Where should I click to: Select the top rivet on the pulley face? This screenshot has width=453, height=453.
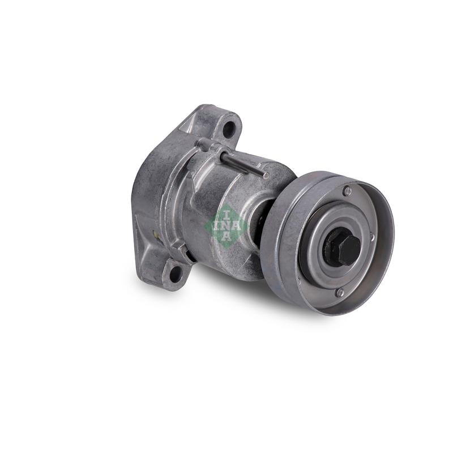(x=348, y=191)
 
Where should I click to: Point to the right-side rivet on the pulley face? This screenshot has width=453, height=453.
(x=372, y=237)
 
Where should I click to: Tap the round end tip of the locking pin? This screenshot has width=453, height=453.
(x=267, y=175)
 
